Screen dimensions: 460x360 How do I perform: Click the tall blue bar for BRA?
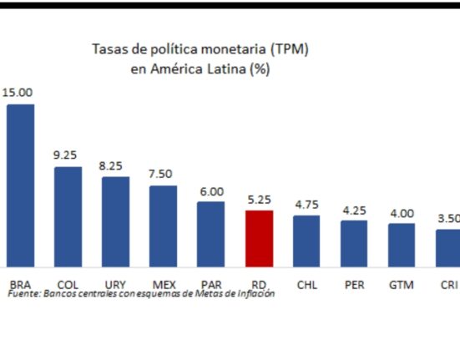coord(21,185)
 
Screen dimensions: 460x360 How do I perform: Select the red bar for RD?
coord(260,239)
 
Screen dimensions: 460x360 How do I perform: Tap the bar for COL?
coord(68,217)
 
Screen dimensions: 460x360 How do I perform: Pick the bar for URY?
coord(115,222)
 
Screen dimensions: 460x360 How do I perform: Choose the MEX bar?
coord(163,226)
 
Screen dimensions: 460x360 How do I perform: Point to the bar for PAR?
coord(210,234)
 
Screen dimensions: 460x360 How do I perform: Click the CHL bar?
coord(306,241)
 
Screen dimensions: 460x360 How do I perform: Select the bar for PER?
coord(354,244)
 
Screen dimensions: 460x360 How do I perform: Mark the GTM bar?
coord(402,245)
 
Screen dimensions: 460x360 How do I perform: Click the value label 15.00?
coord(18,93)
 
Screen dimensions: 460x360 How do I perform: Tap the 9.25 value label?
coord(65,155)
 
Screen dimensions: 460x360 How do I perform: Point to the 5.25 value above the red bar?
coord(259,200)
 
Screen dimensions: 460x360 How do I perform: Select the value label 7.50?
coord(160,174)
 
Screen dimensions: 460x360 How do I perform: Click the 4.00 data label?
coord(402,213)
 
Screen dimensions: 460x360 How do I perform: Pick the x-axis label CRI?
coord(449,285)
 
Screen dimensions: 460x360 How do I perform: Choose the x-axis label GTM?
coord(402,285)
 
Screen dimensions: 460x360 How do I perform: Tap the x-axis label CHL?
coord(307,285)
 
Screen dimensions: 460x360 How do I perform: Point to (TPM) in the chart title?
coord(289,49)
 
